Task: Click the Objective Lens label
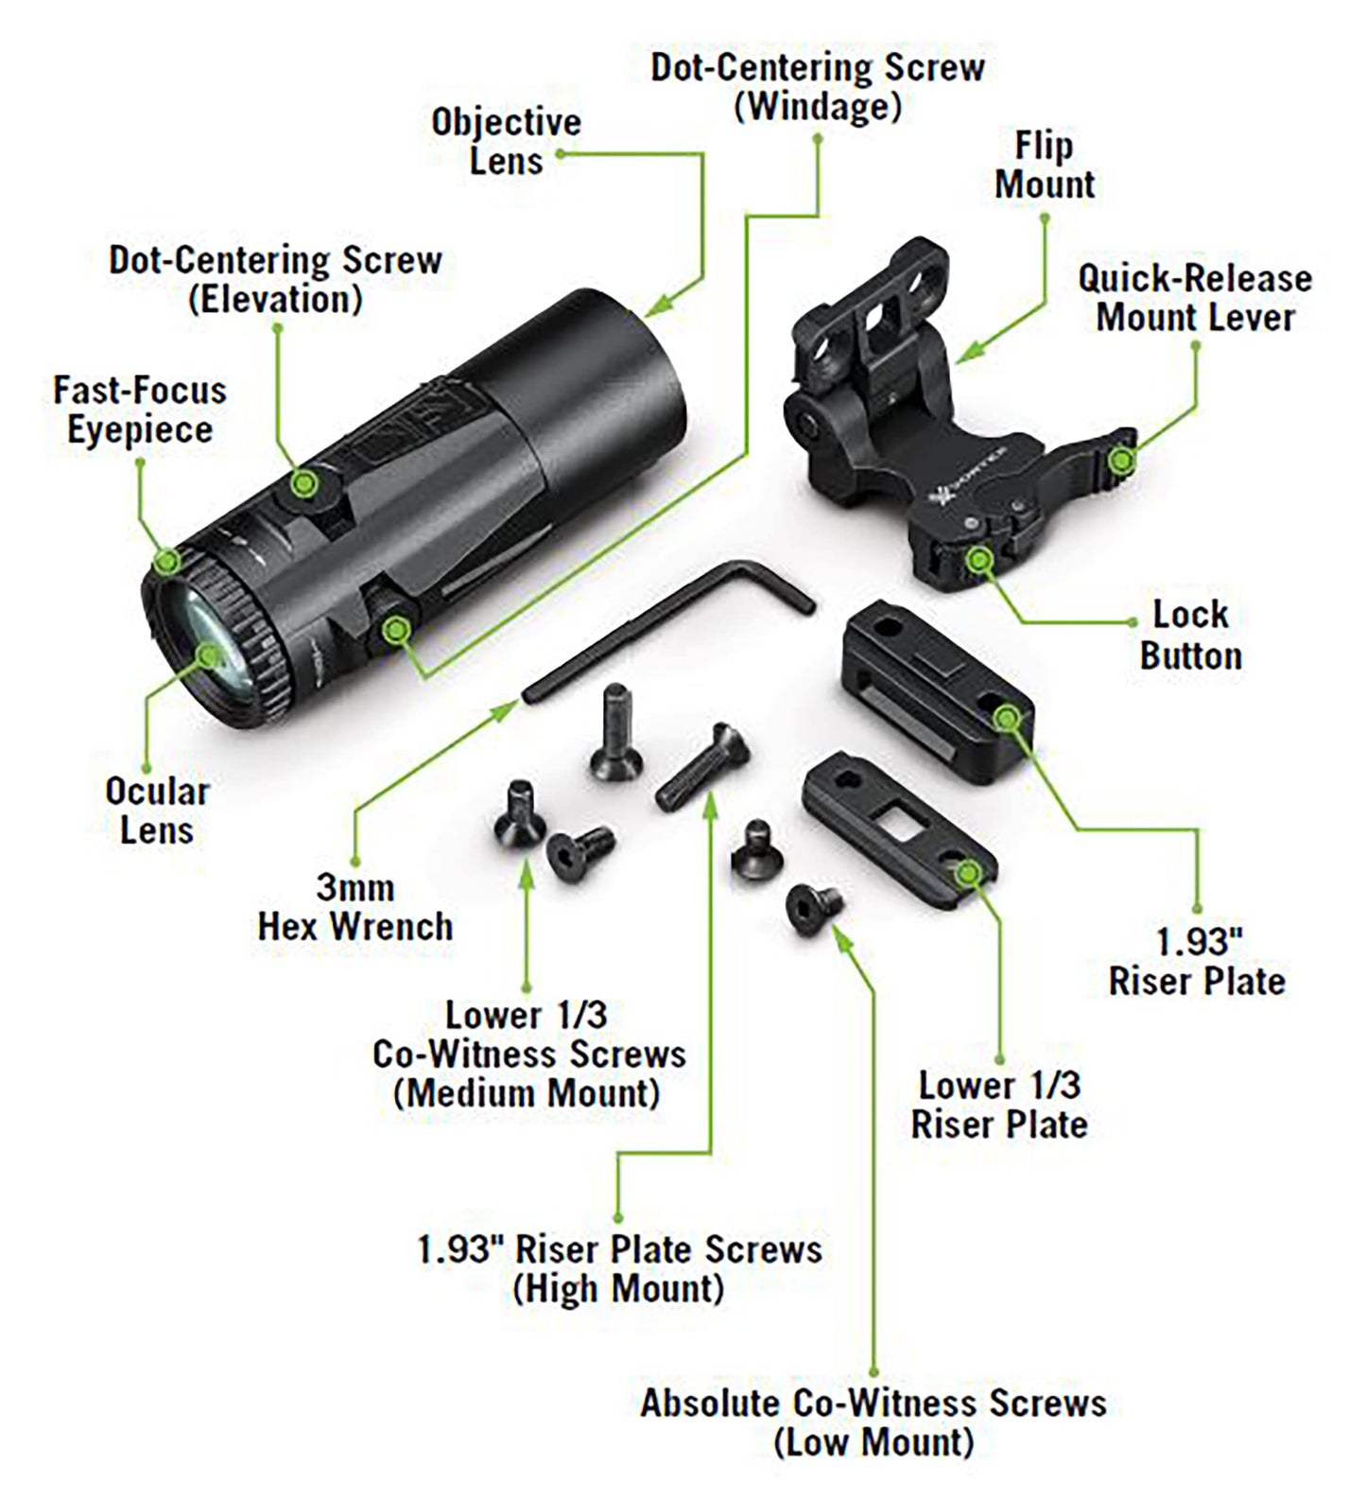pyautogui.click(x=506, y=142)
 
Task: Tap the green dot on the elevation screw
pyautogui.click(x=303, y=484)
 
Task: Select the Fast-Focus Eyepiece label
pyautogui.click(x=140, y=410)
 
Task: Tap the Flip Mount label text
pyautogui.click(x=1045, y=166)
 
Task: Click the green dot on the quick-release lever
pyautogui.click(x=1122, y=461)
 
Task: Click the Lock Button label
pyautogui.click(x=1190, y=635)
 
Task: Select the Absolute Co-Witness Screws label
pyautogui.click(x=873, y=1422)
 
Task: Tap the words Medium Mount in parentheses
pyautogui.click(x=527, y=1093)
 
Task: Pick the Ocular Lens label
pyautogui.click(x=157, y=811)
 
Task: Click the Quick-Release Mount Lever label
pyautogui.click(x=1195, y=298)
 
